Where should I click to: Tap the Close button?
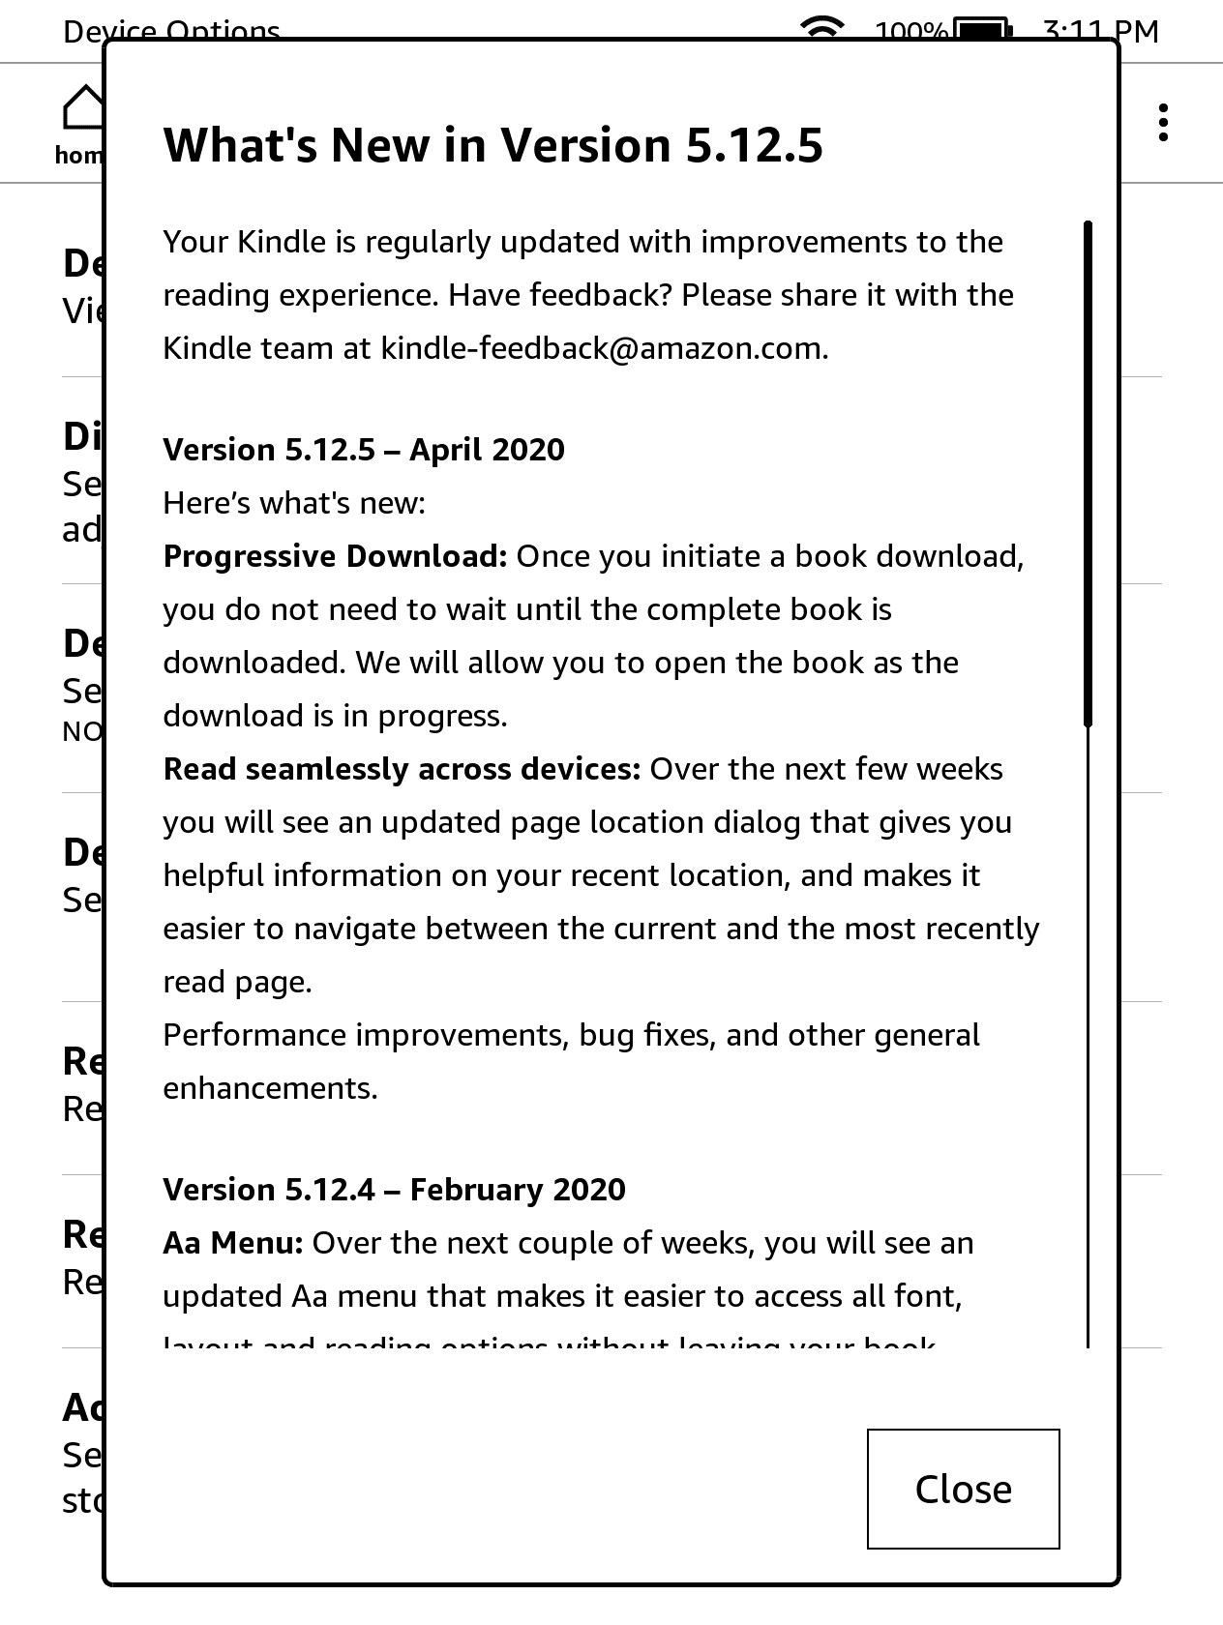(963, 1489)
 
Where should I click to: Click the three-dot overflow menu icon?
(1163, 123)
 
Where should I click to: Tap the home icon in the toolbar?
(83, 108)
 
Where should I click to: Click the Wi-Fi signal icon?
(822, 27)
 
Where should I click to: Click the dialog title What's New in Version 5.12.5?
(492, 146)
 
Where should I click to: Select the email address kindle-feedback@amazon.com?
(604, 348)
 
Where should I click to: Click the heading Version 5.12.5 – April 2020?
(364, 450)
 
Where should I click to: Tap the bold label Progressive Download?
(335, 556)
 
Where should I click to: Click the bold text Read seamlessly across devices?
(402, 769)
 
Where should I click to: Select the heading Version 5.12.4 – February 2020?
(394, 1190)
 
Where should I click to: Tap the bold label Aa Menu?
(233, 1243)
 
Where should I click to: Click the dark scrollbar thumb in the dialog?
(1088, 474)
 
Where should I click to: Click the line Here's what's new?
(294, 503)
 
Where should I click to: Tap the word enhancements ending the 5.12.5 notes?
(269, 1088)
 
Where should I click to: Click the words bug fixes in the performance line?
(646, 1035)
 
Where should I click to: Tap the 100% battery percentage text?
(911, 31)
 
